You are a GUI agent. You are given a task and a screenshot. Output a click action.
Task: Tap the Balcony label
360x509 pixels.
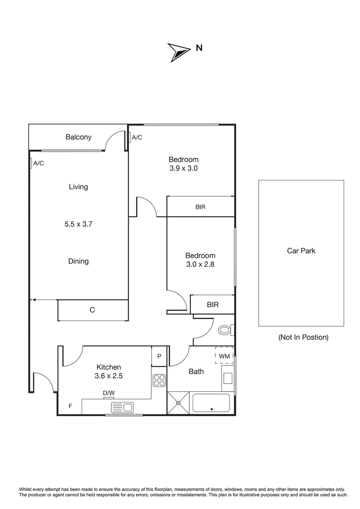point(78,137)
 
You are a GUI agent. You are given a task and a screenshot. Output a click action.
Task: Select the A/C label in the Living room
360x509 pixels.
point(38,163)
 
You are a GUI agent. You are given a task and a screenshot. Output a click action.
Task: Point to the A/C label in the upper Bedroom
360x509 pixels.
point(137,138)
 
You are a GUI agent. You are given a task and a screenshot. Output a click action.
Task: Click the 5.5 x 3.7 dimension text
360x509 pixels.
point(78,224)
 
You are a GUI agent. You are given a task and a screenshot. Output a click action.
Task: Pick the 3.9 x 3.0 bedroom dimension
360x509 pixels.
point(183,168)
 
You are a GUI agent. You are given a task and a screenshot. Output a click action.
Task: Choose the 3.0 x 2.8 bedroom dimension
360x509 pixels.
point(200,264)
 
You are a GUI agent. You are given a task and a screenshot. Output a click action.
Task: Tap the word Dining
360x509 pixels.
point(78,261)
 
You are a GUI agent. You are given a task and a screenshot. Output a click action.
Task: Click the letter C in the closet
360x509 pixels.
point(92,310)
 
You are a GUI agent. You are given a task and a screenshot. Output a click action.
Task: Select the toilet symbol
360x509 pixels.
point(225,330)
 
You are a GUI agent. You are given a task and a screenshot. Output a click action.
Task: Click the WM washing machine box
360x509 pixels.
point(224,356)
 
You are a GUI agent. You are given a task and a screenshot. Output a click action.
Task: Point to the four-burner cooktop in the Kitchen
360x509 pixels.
point(159,380)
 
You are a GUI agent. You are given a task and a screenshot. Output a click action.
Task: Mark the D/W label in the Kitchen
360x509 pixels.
point(108,393)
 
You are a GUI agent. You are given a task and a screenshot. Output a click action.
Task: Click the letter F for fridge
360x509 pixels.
point(70,405)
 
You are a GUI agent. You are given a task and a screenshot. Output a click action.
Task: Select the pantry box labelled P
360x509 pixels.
point(159,356)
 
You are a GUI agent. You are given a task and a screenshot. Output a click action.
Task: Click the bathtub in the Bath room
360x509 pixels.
point(211,403)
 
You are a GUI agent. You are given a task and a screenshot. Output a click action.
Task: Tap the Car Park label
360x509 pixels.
point(301,251)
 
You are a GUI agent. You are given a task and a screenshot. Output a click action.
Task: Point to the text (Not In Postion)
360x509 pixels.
point(303,337)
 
